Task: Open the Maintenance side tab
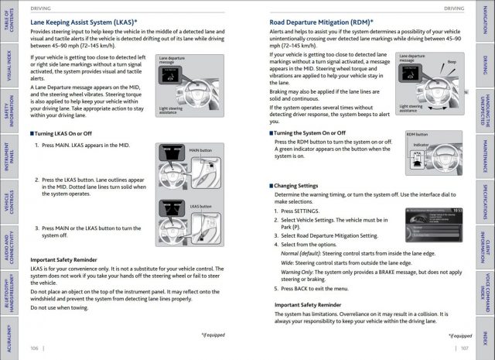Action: pyautogui.click(x=485, y=155)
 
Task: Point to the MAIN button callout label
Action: pyautogui.click(x=199, y=150)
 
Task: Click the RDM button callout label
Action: pyautogui.click(x=417, y=133)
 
